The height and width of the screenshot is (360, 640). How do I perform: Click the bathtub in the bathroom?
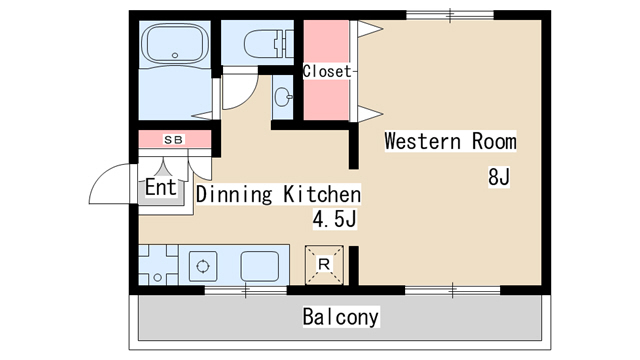(175, 43)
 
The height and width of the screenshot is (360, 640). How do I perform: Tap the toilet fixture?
(269, 43)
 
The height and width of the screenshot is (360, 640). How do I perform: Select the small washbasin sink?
(283, 97)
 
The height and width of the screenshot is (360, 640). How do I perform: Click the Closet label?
(327, 71)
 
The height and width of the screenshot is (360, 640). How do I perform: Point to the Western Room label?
(450, 141)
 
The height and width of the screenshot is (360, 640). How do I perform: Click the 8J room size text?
(499, 177)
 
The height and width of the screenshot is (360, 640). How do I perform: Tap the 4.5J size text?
(335, 219)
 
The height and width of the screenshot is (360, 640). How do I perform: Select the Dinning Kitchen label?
(279, 194)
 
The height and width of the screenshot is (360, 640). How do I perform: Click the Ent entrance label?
(161, 187)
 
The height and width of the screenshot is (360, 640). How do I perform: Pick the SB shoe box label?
(174, 140)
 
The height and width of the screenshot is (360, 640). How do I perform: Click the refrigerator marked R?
(324, 264)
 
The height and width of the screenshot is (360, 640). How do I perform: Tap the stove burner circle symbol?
(202, 267)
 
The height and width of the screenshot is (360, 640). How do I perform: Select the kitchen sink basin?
(260, 267)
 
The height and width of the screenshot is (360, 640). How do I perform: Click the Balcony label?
(341, 317)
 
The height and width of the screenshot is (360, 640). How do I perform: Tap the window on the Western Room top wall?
(450, 16)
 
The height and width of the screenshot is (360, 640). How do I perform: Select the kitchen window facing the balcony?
(245, 290)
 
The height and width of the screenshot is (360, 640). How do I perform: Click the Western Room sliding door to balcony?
(452, 290)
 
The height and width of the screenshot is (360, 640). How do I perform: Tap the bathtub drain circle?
(175, 55)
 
